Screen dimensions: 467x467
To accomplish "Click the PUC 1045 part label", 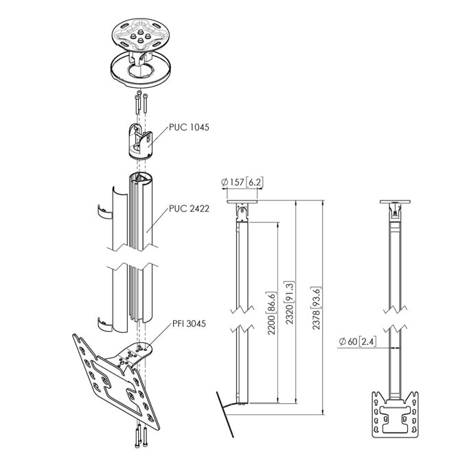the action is click(189, 127).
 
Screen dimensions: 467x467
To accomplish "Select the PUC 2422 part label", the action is click(189, 209).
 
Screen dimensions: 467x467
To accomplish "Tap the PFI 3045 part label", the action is click(189, 323).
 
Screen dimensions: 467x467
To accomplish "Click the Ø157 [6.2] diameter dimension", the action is click(242, 182).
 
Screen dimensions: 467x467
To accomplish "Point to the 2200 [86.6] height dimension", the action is click(272, 313).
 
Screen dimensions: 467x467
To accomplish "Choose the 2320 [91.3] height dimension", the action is click(290, 302).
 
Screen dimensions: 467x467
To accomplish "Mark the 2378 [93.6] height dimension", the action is click(317, 308).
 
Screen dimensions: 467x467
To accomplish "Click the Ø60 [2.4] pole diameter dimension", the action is click(357, 341).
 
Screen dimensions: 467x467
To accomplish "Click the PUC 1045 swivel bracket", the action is click(140, 141).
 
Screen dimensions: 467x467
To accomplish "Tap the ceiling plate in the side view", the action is click(242, 202).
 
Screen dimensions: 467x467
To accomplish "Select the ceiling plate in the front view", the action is click(395, 202).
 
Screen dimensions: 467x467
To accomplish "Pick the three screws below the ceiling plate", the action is click(141, 102).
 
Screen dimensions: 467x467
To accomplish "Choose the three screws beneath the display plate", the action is click(141, 435).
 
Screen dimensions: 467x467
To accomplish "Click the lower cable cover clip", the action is click(105, 325).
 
